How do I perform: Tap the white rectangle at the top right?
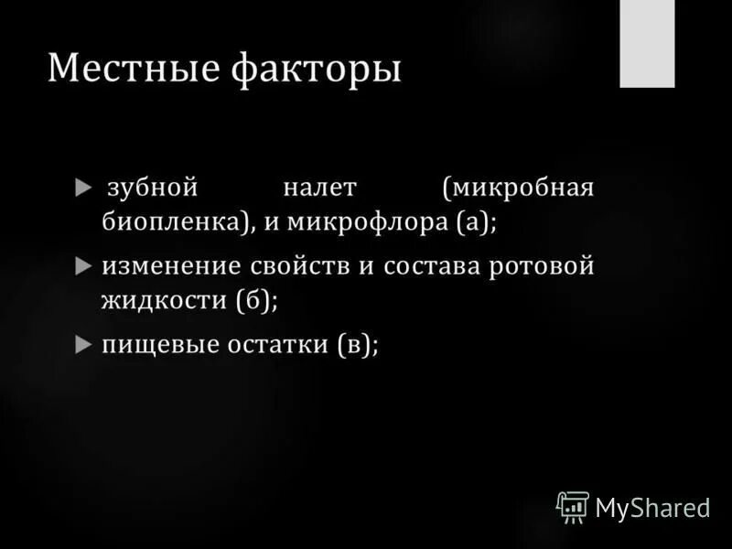pos(647,43)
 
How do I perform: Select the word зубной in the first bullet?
pos(153,188)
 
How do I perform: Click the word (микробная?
pos(518,188)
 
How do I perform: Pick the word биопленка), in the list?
pos(178,223)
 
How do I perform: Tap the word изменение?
pos(170,266)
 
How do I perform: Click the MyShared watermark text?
pos(653,507)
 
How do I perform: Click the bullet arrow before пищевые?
pos(83,345)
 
